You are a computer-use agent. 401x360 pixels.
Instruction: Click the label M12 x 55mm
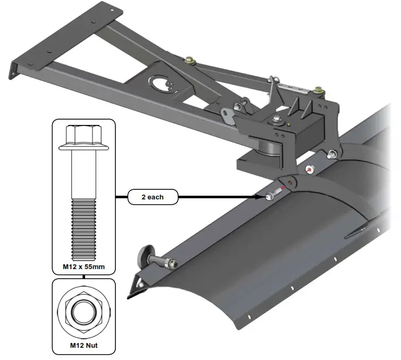[x=82, y=267]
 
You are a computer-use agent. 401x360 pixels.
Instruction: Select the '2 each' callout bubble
[x=152, y=197]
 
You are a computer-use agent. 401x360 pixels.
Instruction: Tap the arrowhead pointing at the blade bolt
[x=261, y=197]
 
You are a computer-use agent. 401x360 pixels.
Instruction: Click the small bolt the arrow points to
[x=272, y=195]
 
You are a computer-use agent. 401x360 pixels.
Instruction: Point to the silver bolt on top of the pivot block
[x=277, y=118]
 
